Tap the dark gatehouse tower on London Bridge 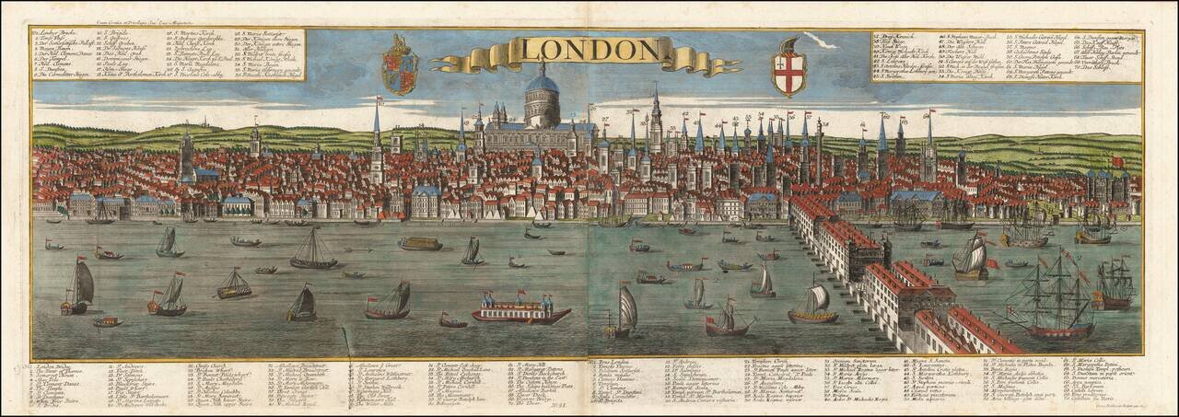pyautogui.click(x=886, y=249)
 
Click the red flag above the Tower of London pyautogui.click(x=1119, y=160)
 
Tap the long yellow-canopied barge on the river pyautogui.click(x=420, y=244)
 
